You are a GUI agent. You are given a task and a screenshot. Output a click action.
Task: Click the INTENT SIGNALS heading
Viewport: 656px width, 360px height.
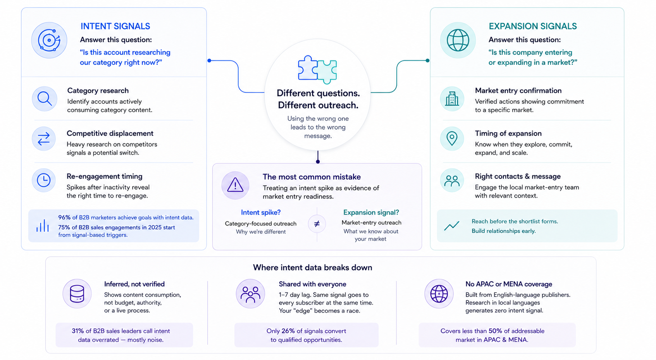(x=115, y=26)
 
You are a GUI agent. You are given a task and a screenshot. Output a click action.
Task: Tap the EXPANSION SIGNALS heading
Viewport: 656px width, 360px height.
(x=533, y=26)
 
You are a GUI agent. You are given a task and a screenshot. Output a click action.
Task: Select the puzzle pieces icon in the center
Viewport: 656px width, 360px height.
(x=317, y=69)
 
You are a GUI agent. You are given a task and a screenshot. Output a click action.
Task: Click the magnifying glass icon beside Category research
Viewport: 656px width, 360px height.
(x=45, y=99)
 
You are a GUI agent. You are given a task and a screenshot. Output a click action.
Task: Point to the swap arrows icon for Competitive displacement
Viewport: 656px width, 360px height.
(x=44, y=139)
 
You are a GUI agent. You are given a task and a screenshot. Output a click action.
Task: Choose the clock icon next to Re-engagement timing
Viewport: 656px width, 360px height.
(x=44, y=180)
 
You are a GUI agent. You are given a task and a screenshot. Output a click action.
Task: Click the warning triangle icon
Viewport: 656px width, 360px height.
(x=235, y=185)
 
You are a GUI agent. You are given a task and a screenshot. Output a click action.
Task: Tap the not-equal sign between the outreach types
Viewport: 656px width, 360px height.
(x=317, y=224)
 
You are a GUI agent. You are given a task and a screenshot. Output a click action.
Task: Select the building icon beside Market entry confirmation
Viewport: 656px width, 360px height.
(x=452, y=98)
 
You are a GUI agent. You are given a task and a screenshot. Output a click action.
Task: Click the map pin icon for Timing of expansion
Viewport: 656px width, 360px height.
(x=452, y=139)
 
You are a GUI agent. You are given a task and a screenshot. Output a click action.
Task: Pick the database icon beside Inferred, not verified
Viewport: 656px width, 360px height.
(x=77, y=293)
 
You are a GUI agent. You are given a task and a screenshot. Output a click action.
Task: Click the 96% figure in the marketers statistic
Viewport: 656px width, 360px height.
(x=64, y=217)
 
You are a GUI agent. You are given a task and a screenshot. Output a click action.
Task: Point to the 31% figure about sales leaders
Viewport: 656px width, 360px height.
(x=78, y=331)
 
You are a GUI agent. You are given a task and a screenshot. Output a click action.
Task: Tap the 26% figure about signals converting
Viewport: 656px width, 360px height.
(x=288, y=331)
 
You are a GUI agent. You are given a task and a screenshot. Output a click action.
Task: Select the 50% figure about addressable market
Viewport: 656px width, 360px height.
(x=495, y=331)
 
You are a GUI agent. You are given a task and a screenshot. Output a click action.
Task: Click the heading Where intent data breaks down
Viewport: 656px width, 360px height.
(x=312, y=267)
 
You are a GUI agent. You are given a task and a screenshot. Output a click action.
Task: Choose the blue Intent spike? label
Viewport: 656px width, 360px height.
(x=261, y=212)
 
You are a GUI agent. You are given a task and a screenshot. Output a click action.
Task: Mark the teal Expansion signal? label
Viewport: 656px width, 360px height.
(x=371, y=212)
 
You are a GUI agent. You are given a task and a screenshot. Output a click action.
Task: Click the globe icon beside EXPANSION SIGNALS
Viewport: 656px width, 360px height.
(x=458, y=40)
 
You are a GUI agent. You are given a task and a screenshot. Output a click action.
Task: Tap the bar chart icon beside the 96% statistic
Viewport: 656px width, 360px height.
(x=43, y=226)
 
